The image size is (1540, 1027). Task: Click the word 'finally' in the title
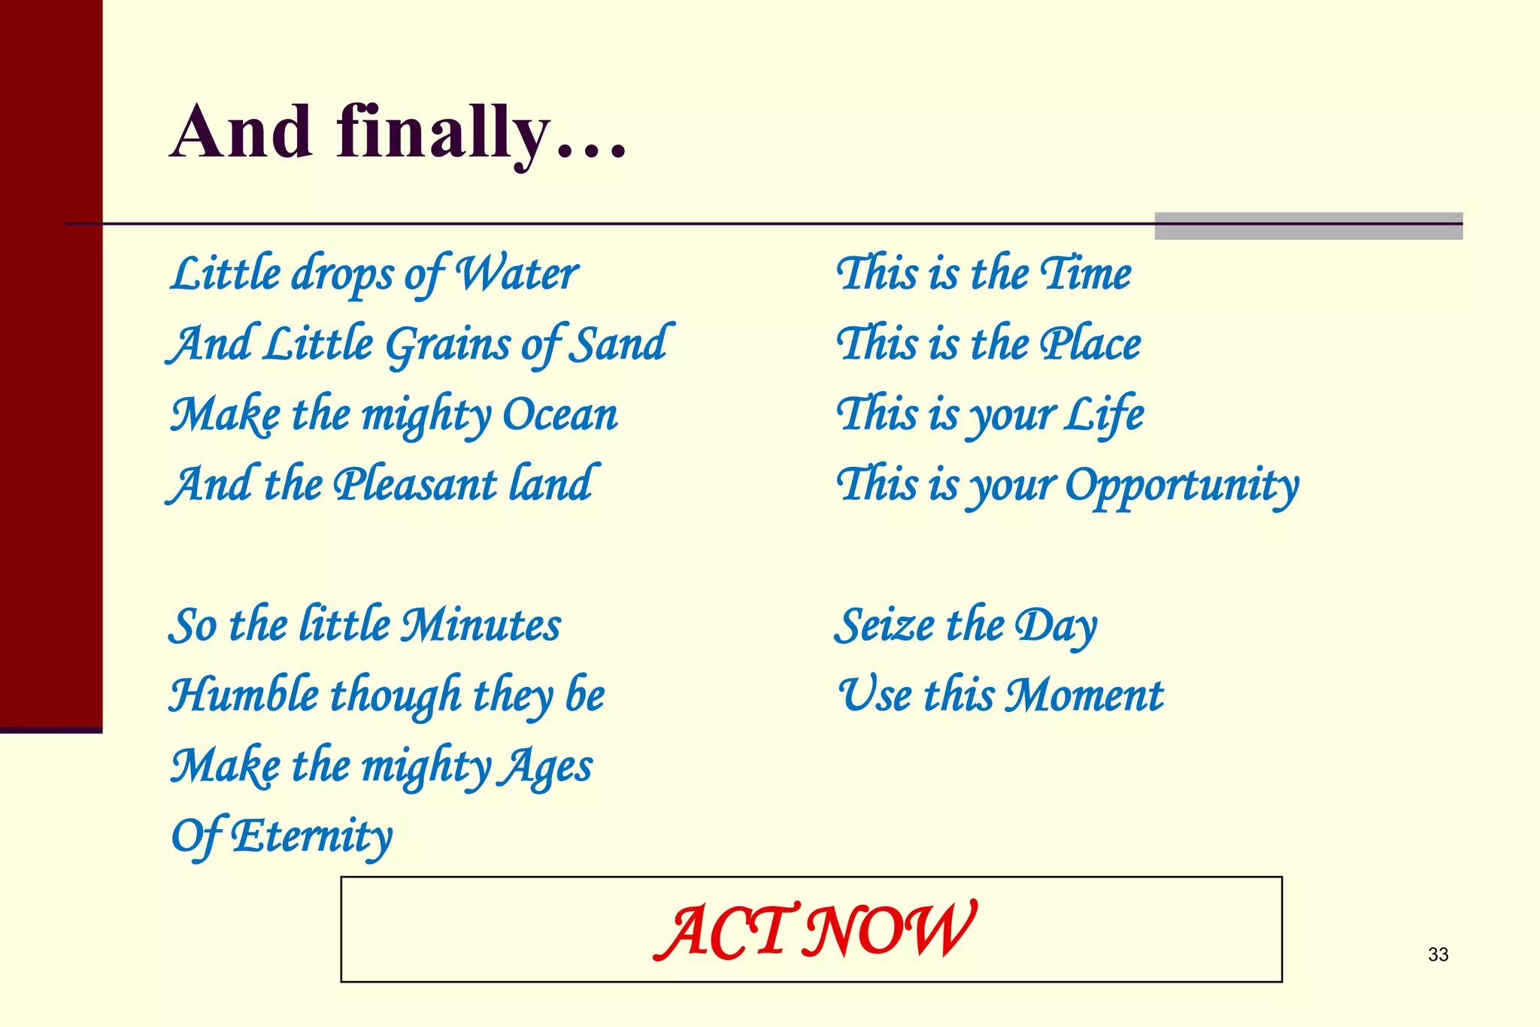444,134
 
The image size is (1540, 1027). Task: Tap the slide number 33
1438,954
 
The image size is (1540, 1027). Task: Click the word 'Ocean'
560,414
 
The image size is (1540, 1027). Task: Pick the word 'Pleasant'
415,485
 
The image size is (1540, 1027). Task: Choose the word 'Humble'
244,695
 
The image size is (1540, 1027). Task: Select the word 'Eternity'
311,836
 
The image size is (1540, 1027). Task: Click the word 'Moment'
1084,695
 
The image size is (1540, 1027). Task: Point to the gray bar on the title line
1308,226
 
